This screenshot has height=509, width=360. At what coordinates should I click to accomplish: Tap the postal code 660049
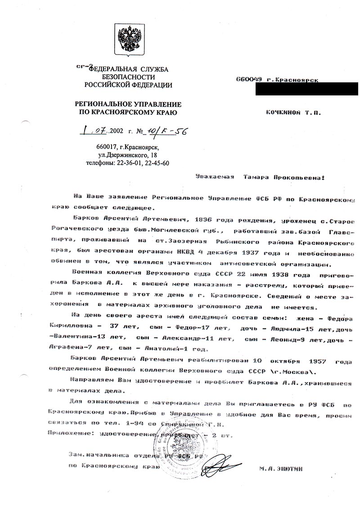(x=249, y=80)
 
